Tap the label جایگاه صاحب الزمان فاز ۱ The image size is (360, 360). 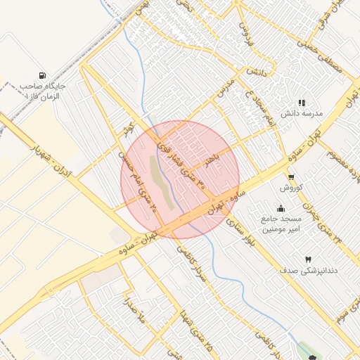pyautogui.click(x=41, y=91)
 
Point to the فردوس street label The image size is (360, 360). pyautogui.click(x=245, y=34)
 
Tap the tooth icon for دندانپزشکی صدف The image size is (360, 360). pyautogui.click(x=307, y=259)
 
